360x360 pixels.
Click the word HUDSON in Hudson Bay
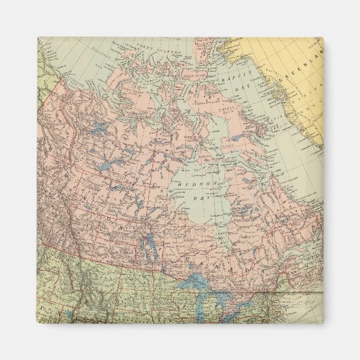pos(192,184)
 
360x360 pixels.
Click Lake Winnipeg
pos(147,242)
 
